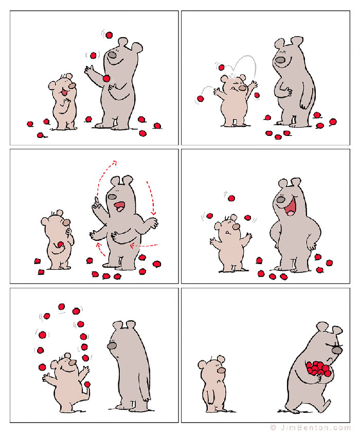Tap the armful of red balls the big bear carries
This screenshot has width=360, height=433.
pos(319,368)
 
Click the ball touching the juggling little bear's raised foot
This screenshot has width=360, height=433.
pos(88,384)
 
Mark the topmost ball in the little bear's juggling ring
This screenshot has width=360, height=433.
pos(62,307)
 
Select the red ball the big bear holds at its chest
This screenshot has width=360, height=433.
pos(106,78)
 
